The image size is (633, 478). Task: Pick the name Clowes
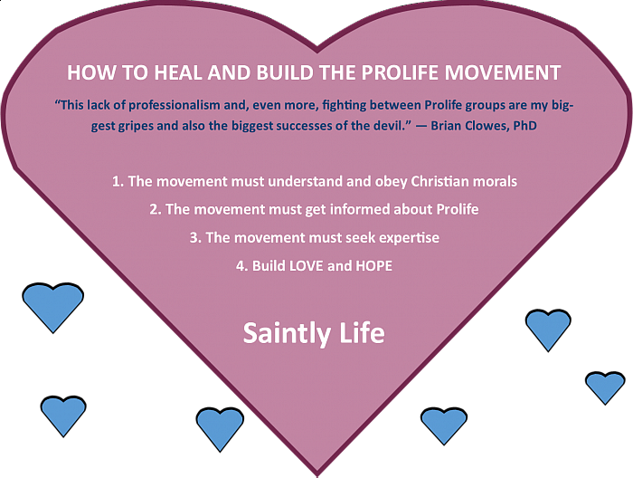pyautogui.click(x=487, y=126)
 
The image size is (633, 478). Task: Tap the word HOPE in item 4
pyautogui.click(x=373, y=266)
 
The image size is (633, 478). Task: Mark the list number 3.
pyautogui.click(x=195, y=237)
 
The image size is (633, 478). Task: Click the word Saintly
pyautogui.click(x=287, y=334)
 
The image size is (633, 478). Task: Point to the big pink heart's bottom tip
pyautogui.click(x=317, y=475)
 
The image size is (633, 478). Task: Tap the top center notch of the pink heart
pyautogui.click(x=317, y=52)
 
